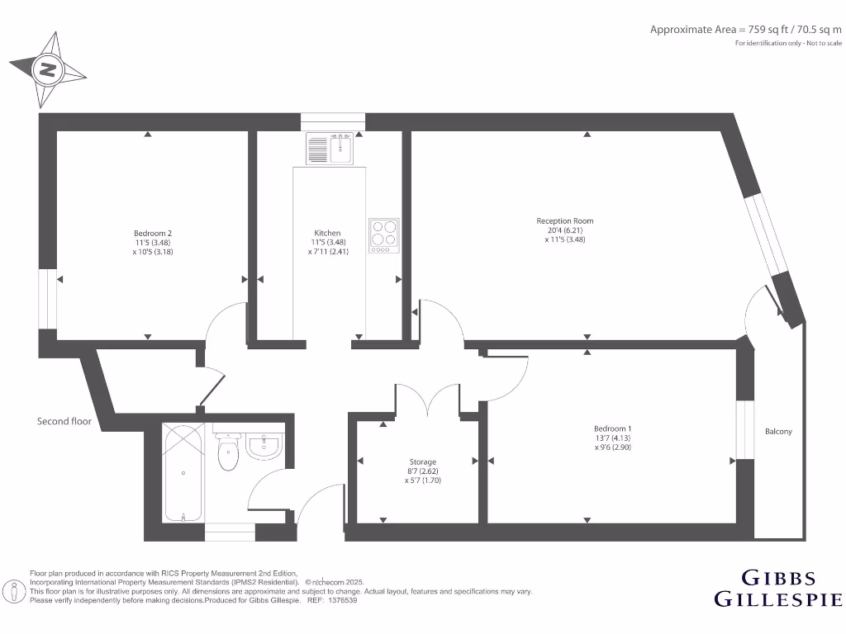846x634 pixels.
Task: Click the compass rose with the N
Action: pyautogui.click(x=48, y=70)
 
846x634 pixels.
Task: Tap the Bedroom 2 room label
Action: pyautogui.click(x=153, y=233)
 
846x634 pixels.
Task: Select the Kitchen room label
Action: pyautogui.click(x=327, y=233)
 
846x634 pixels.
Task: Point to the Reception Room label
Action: pyautogui.click(x=565, y=220)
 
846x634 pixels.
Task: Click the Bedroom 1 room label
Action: pyautogui.click(x=612, y=428)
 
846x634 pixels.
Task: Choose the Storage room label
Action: pyautogui.click(x=422, y=461)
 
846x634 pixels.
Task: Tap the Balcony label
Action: pyautogui.click(x=778, y=431)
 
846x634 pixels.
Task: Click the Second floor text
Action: pyautogui.click(x=64, y=421)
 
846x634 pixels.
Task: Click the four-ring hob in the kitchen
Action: pyautogui.click(x=383, y=233)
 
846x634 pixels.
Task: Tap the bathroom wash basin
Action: pyautogui.click(x=264, y=447)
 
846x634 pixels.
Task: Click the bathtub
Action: pyautogui.click(x=182, y=472)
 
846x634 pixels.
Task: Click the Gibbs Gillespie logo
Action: pyautogui.click(x=777, y=588)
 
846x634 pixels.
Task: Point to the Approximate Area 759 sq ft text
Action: pyautogui.click(x=745, y=30)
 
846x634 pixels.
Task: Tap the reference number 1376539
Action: pyautogui.click(x=341, y=600)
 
